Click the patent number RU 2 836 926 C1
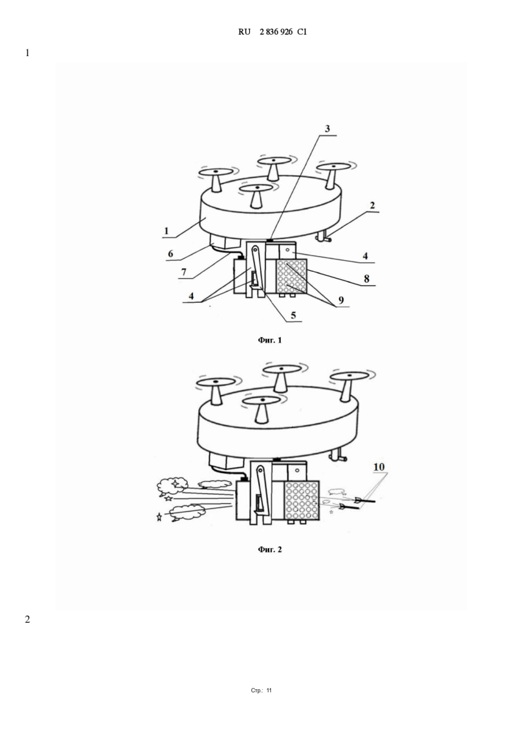coord(272,32)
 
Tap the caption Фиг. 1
coord(270,340)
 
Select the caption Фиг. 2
coord(270,549)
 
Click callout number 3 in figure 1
coord(327,128)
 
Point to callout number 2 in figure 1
coord(372,205)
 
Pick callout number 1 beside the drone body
coord(166,231)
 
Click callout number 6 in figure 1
coord(170,254)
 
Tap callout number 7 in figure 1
coord(184,272)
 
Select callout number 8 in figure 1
coord(366,279)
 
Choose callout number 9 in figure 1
coord(341,300)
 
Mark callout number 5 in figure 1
coord(293,315)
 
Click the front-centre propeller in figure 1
coord(256,195)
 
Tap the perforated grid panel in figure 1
coord(291,277)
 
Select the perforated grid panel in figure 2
coord(302,501)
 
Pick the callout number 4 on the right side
coord(365,256)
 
